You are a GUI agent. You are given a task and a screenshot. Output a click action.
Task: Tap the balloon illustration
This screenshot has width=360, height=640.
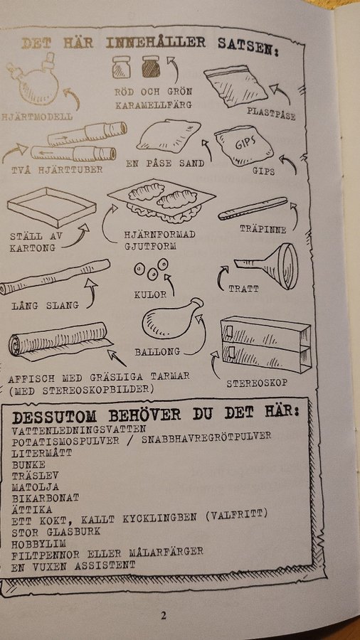[x=171, y=319]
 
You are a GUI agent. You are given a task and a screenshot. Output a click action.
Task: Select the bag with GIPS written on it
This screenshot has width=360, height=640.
[x=243, y=146]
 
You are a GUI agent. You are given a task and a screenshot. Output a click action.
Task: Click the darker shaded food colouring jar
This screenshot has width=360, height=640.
[x=151, y=67]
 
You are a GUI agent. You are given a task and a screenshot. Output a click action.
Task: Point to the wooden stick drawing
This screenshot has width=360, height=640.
[x=253, y=208]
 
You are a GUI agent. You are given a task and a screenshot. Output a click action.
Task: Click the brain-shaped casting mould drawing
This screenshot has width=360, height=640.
[x=162, y=200]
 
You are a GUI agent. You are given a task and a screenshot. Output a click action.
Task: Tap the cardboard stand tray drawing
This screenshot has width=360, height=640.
[x=52, y=206]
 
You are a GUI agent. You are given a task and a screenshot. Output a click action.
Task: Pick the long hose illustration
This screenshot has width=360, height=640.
[x=54, y=277]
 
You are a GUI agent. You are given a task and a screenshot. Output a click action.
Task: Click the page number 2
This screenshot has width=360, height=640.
[x=163, y=616]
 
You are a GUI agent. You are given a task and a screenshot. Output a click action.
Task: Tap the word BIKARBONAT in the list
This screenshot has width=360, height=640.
[x=46, y=498]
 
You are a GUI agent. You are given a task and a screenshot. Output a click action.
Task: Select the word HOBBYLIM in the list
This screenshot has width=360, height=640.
[x=39, y=544]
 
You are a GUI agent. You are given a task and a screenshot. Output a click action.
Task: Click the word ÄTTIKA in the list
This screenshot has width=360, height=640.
[x=32, y=510]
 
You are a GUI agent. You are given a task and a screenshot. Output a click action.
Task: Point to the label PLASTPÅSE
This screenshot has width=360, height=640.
[x=270, y=114]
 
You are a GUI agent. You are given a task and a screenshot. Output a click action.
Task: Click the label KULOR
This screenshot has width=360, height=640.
[x=150, y=294]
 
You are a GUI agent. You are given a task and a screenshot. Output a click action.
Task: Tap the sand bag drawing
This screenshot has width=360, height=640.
[x=168, y=136]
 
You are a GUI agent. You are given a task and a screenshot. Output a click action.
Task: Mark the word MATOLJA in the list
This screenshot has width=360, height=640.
[x=35, y=487]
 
